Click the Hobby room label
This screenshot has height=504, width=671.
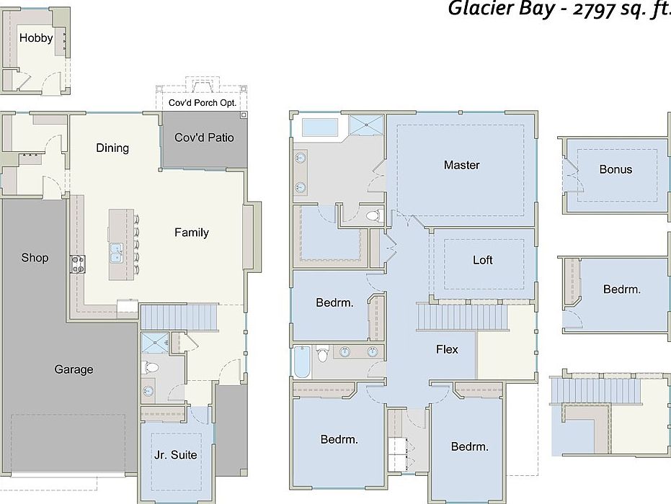pyautogui.click(x=36, y=38)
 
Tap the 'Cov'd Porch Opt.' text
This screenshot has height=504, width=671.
pyautogui.click(x=203, y=102)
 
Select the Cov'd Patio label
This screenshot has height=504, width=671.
pyautogui.click(x=204, y=138)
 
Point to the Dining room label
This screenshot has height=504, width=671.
pyautogui.click(x=112, y=148)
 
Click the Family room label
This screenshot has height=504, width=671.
pyautogui.click(x=192, y=233)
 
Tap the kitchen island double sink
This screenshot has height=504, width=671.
pyautogui.click(x=116, y=252)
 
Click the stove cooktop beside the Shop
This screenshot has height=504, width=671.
pyautogui.click(x=78, y=264)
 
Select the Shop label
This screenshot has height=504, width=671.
pyautogui.click(x=35, y=258)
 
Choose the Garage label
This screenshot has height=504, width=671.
pyautogui.click(x=74, y=369)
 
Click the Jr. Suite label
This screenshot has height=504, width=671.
pyautogui.click(x=175, y=455)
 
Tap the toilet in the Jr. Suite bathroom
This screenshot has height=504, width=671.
pyautogui.click(x=150, y=366)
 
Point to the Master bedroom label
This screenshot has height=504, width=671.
pyautogui.click(x=462, y=165)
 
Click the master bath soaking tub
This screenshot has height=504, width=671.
pyautogui.click(x=320, y=127)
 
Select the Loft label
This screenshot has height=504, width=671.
pyautogui.click(x=483, y=260)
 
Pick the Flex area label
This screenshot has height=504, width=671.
pyautogui.click(x=447, y=350)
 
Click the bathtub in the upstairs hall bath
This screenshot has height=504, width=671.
pyautogui.click(x=302, y=361)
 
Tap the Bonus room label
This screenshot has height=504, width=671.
pyautogui.click(x=616, y=170)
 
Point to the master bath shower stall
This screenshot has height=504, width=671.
pyautogui.click(x=367, y=125)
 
